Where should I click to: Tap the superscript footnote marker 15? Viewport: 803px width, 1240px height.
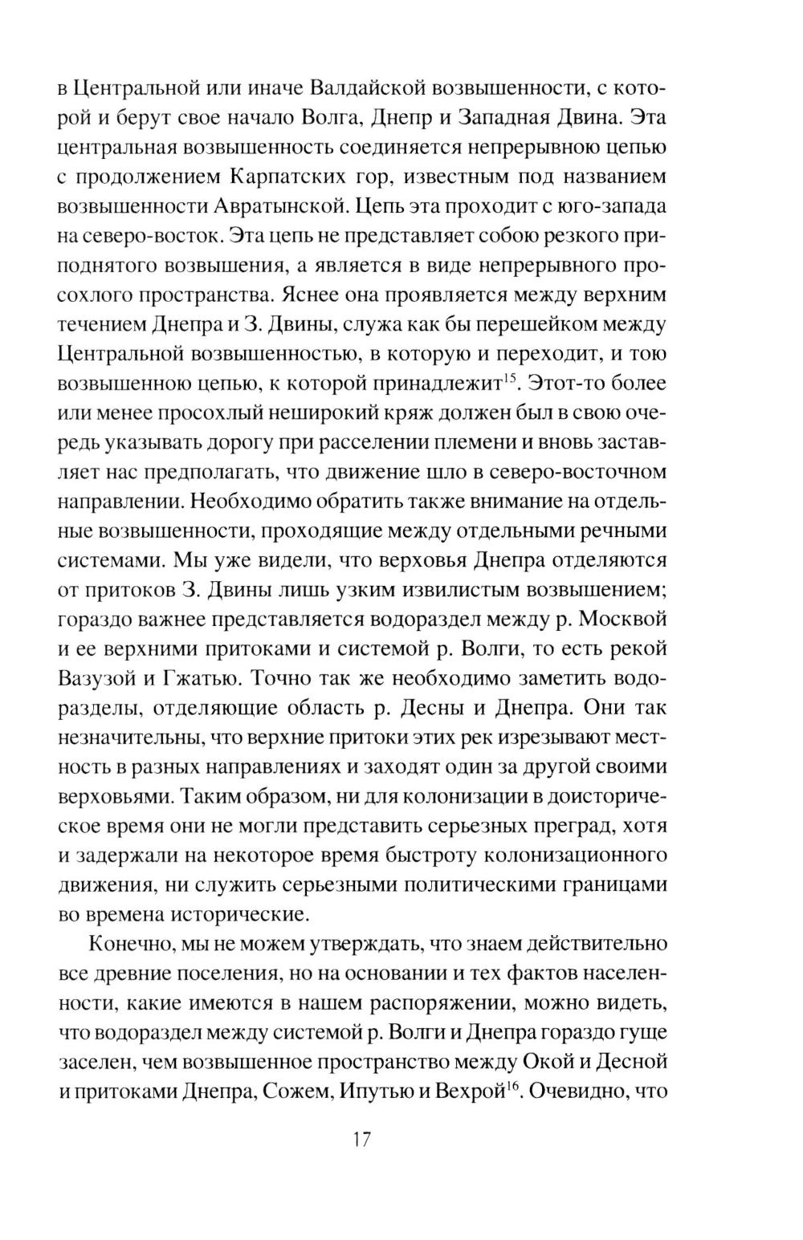click(507, 376)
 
